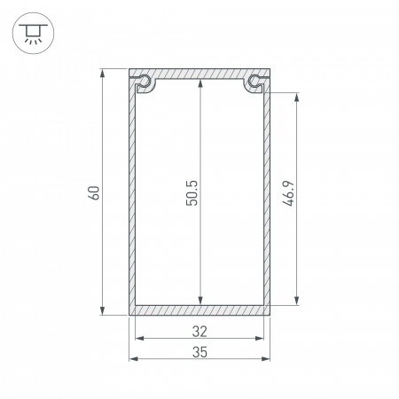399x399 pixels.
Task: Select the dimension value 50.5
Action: click(x=192, y=192)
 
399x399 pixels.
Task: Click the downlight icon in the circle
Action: click(x=33, y=33)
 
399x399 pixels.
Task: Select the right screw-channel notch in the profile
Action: click(x=255, y=82)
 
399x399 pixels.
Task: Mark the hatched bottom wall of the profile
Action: click(x=199, y=309)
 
